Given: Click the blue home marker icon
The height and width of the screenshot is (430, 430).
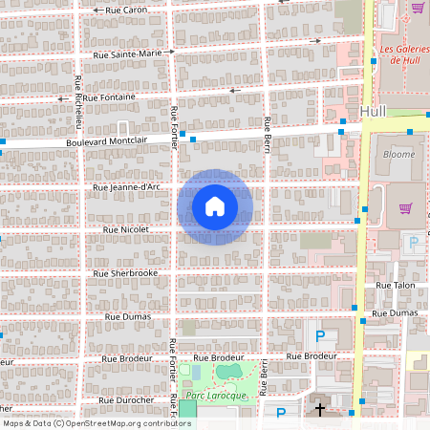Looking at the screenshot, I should [x=215, y=206].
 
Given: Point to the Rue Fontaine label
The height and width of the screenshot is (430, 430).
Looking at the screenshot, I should [x=110, y=97].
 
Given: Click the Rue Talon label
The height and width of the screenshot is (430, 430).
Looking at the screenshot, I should [x=396, y=285].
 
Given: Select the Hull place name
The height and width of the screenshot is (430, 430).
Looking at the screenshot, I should [x=375, y=111].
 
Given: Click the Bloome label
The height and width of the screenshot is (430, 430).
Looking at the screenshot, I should [x=398, y=154].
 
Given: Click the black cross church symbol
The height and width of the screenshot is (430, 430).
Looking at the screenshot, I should [x=320, y=409].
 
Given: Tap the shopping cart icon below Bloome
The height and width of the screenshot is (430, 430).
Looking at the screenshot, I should [x=405, y=208].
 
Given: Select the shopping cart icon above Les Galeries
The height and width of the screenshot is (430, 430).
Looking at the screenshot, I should [x=418, y=8].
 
